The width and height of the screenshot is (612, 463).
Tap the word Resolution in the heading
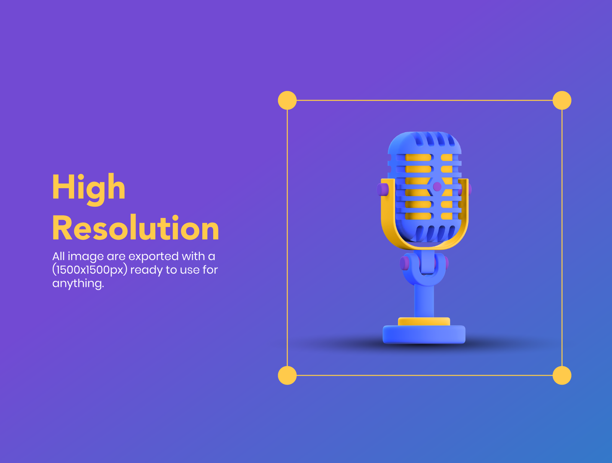pos(135,227)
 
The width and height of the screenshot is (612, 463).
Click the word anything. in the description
pos(78,283)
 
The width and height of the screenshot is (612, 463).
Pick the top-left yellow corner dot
pos(287,100)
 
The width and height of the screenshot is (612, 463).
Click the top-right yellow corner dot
pos(562,100)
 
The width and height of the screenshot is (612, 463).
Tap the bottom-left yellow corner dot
pos(287,375)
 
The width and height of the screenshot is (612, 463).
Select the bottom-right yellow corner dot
pos(562,375)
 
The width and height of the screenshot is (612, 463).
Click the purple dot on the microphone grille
pos(437,187)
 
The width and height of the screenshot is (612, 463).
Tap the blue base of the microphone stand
pos(424,334)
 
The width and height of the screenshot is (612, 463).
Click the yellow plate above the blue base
pos(424,321)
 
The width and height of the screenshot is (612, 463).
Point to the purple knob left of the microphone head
pos(382,190)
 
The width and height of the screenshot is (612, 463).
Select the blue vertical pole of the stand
pos(424,301)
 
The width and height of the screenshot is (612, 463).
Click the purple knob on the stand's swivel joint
pos(404,263)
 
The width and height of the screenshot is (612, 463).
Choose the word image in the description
pos(86,257)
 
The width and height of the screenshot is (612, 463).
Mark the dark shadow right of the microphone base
pos(502,343)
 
